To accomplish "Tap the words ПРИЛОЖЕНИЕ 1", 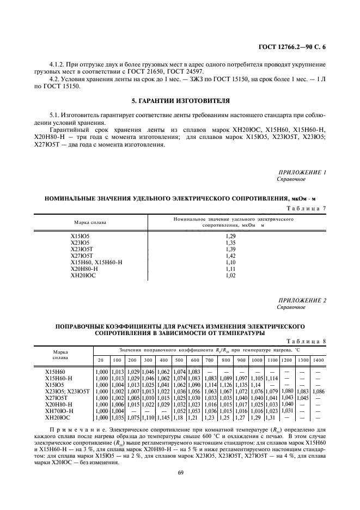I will [x=302, y=172].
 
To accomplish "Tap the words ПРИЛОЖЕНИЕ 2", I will [x=302, y=301].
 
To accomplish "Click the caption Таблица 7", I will [x=306, y=208].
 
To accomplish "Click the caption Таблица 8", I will [x=307, y=341].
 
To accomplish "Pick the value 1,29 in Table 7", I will [x=230, y=235].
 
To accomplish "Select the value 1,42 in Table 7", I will [x=230, y=255].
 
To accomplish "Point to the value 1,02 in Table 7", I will [x=230, y=275].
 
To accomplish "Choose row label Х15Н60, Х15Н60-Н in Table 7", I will [x=96, y=262].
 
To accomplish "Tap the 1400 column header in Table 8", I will [x=319, y=360].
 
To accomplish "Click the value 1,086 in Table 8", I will [x=319, y=391].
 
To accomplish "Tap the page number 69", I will [x=179, y=472].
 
